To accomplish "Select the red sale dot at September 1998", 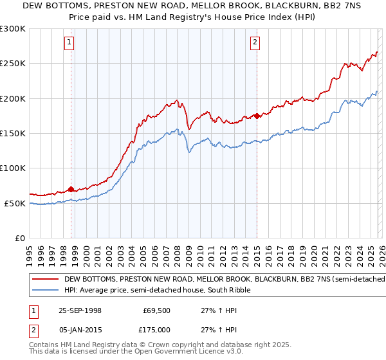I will [x=71, y=189].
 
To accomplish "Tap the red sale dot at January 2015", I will [x=257, y=116].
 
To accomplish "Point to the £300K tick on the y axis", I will [x=13, y=29].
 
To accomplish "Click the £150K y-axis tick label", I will [x=13, y=133].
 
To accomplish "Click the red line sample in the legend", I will [x=46, y=280].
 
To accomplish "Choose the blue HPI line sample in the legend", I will [x=46, y=291].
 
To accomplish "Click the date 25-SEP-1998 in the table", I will [x=80, y=310].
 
